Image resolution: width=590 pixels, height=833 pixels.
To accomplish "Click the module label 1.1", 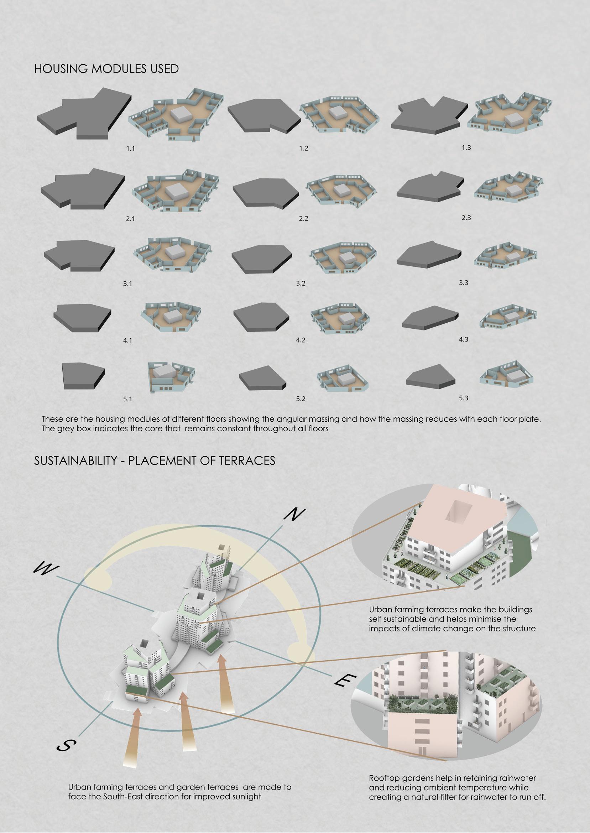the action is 130,149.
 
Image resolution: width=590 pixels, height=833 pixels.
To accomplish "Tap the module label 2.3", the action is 466,218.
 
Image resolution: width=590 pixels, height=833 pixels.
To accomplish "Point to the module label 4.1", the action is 127,341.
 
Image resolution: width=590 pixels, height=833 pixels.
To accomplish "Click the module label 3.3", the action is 463,282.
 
